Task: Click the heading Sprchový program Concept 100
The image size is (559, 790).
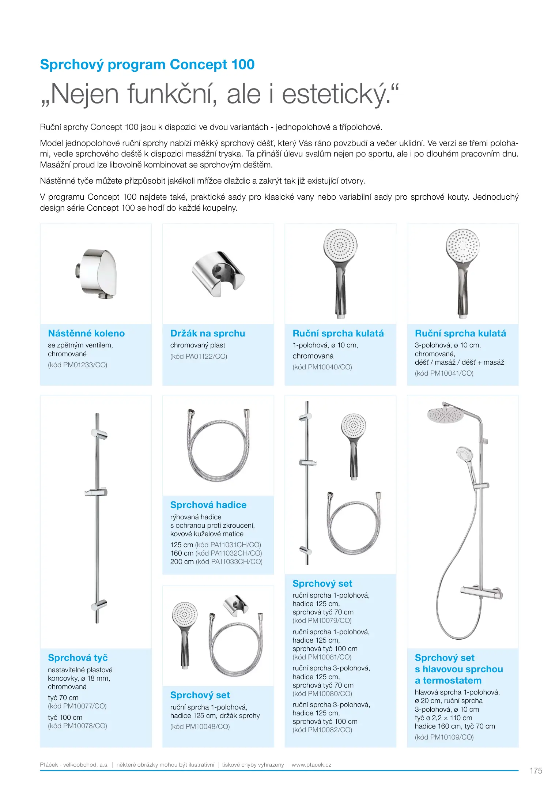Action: click(147, 65)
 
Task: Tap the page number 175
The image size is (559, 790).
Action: click(536, 771)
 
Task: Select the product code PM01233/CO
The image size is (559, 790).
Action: click(78, 365)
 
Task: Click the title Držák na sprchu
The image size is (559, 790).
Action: click(207, 333)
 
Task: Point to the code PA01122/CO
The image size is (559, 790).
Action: click(199, 356)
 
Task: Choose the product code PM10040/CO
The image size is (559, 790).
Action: click(322, 367)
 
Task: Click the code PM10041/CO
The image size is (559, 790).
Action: click(444, 373)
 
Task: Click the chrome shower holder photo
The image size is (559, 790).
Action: click(218, 273)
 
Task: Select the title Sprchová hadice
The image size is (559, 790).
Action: click(208, 505)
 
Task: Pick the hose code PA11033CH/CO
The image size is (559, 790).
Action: click(229, 561)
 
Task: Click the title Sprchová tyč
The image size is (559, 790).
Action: click(78, 658)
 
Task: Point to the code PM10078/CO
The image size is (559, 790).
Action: click(78, 726)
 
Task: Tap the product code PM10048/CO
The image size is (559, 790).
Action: click(200, 726)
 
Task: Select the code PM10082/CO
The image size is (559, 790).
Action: click(322, 730)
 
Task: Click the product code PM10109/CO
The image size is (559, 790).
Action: click(444, 737)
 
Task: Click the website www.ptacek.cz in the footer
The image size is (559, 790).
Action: click(311, 764)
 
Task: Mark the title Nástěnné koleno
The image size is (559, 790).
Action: click(86, 333)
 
